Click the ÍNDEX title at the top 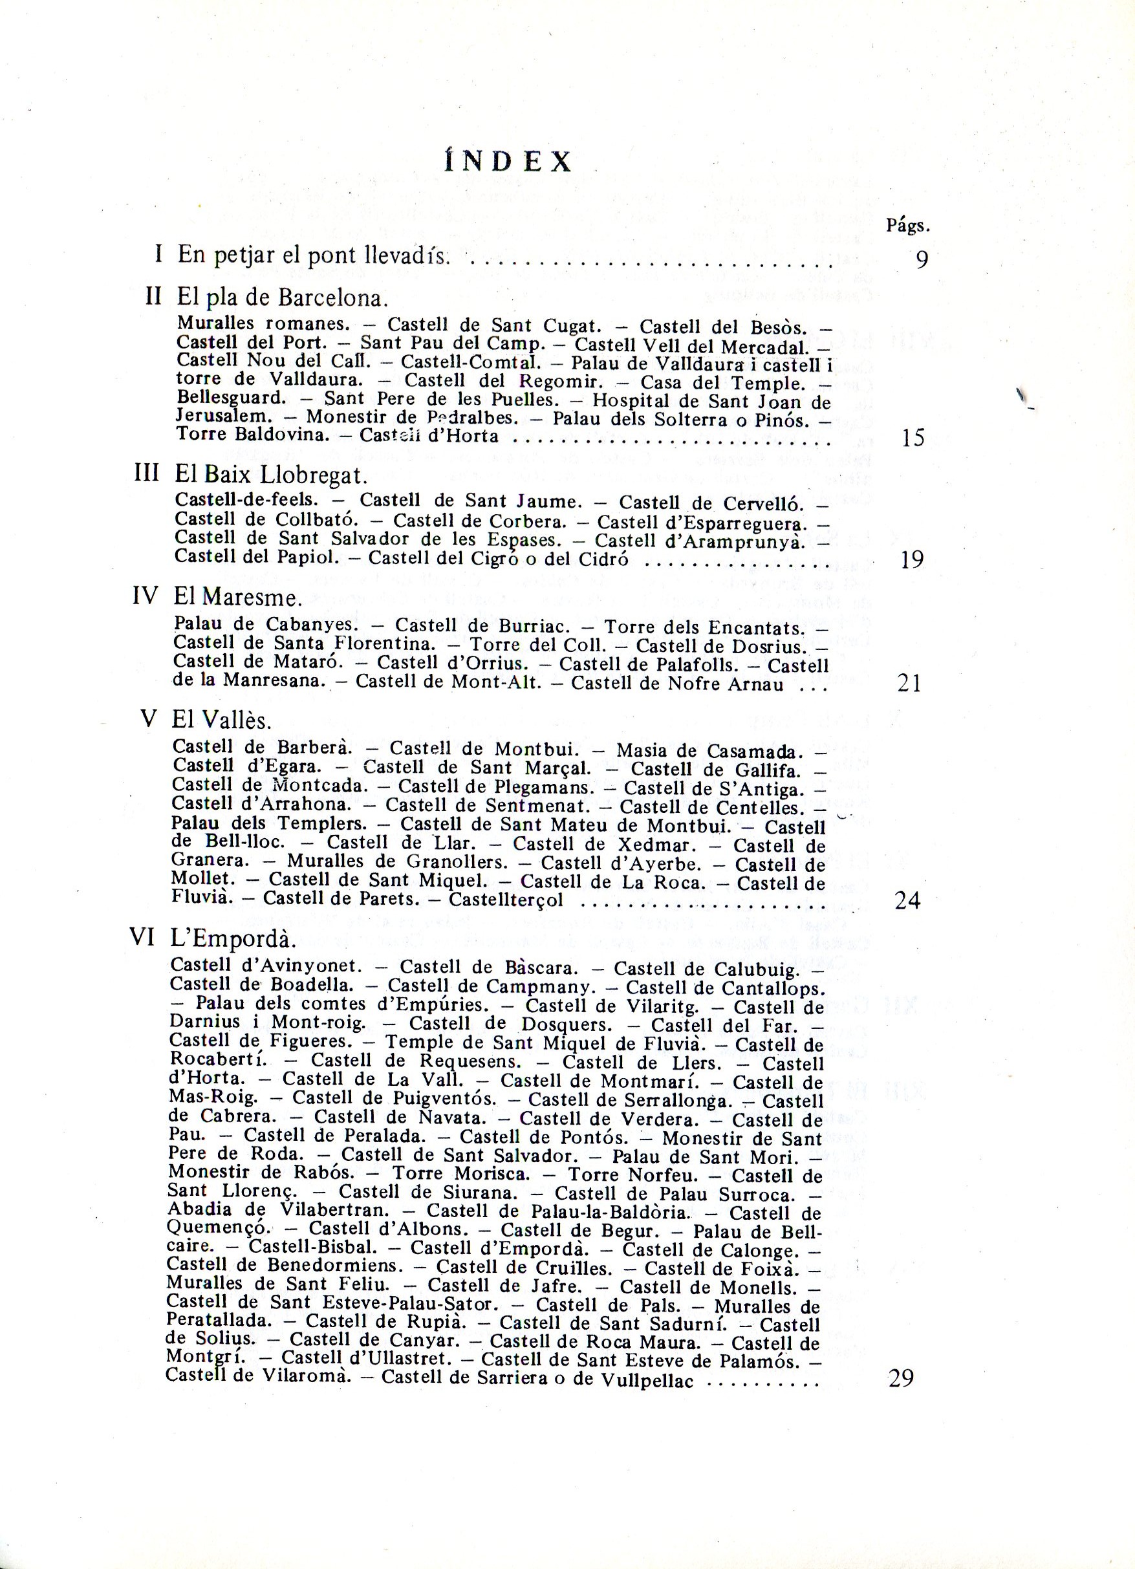(508, 161)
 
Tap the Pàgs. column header (907, 226)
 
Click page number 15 (913, 438)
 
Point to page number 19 (913, 559)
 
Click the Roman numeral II (153, 296)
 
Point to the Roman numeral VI (142, 937)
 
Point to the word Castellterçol (506, 900)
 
